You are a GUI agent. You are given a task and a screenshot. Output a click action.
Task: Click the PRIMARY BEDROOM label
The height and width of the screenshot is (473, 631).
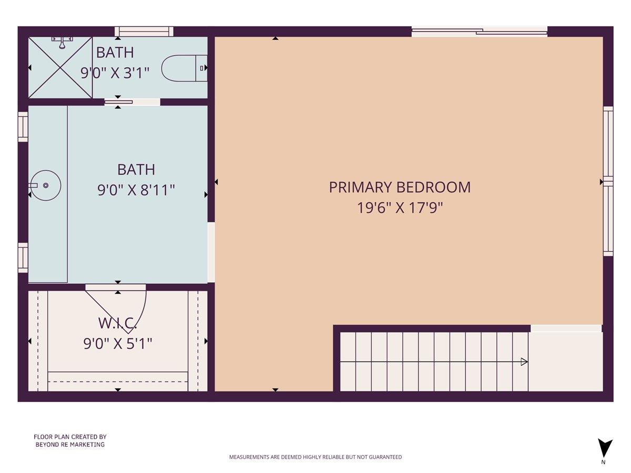click(400, 187)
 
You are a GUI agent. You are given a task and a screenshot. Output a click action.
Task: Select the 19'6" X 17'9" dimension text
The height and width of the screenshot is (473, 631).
click(400, 208)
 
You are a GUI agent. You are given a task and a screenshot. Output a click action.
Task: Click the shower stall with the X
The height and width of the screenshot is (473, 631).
click(60, 67)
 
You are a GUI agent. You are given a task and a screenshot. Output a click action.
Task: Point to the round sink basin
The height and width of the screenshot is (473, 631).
click(46, 185)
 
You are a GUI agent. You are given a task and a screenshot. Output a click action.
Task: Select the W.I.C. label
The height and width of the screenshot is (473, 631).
click(118, 323)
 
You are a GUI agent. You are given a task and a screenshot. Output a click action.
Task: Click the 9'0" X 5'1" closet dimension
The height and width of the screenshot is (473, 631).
click(118, 344)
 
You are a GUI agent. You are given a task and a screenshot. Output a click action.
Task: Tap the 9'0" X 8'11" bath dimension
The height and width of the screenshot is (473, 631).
click(136, 190)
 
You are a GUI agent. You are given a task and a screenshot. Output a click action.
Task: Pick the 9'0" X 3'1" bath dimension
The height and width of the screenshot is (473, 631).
click(115, 73)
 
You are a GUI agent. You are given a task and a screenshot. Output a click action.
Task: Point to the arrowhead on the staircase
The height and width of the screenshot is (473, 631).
click(524, 362)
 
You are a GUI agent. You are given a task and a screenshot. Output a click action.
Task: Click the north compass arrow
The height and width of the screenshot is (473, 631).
click(605, 448)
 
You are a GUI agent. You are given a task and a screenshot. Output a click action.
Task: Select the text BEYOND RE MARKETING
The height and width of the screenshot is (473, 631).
click(70, 445)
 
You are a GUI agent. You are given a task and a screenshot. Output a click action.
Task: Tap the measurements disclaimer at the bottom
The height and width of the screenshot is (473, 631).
click(315, 457)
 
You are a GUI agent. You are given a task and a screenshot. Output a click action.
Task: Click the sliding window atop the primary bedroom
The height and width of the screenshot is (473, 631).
click(479, 32)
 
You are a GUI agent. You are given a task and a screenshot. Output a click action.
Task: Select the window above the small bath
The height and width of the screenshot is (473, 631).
click(144, 32)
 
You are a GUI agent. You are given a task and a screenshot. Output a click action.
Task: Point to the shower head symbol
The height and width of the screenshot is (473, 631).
click(62, 42)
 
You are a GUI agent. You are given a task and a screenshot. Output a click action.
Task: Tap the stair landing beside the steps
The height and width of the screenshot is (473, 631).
click(565, 362)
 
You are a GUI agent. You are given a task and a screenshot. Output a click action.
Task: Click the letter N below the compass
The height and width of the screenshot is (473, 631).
click(603, 462)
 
